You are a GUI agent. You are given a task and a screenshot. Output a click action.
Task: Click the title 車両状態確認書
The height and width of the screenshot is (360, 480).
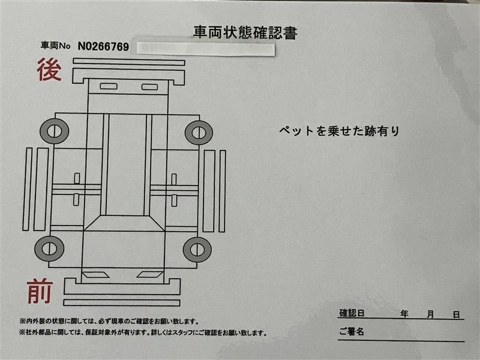(245, 32)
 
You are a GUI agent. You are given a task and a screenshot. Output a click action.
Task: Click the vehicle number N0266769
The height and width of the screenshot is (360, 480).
(103, 47)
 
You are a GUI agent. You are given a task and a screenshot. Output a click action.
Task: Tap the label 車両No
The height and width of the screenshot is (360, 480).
(55, 46)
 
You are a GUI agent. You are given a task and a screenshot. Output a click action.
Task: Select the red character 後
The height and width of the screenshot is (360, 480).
(49, 69)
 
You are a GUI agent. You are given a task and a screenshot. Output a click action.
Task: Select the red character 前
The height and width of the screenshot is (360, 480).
(40, 291)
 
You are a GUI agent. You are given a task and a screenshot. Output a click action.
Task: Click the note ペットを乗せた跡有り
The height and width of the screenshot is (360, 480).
(339, 131)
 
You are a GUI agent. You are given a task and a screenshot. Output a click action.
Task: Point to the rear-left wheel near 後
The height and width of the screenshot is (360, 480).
(55, 131)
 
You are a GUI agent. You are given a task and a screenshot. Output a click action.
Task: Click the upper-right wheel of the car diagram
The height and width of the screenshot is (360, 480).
(199, 133)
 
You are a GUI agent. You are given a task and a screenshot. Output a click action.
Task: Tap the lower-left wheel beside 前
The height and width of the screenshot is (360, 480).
(49, 248)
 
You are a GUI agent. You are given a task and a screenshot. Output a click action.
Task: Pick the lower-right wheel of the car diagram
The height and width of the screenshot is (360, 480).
(197, 249)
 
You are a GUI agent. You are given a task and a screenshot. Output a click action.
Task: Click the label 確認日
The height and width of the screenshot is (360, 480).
(352, 313)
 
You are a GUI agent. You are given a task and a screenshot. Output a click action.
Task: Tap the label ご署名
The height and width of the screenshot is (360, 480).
(352, 331)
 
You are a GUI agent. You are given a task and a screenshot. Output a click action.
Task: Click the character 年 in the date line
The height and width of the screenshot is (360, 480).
(404, 314)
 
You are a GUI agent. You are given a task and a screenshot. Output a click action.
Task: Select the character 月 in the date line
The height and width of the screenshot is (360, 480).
(430, 314)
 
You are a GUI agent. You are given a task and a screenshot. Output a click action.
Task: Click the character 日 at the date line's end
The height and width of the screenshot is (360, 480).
(457, 314)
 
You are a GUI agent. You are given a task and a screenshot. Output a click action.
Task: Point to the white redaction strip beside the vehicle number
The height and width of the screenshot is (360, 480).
(205, 49)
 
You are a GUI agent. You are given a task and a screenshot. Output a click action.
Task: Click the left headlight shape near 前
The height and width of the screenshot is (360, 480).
(95, 275)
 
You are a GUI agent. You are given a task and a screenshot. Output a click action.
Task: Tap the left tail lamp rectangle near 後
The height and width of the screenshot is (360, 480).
(109, 86)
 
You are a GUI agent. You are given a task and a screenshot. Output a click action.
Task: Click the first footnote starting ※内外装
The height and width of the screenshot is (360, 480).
(109, 322)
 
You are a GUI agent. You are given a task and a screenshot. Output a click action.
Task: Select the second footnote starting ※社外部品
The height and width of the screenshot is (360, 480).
(143, 332)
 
